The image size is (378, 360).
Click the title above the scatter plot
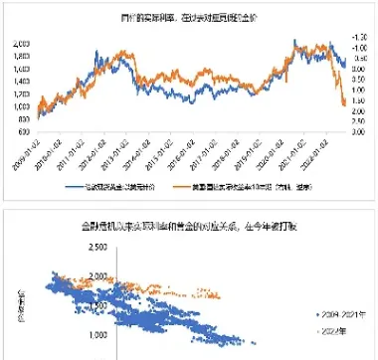pos(189,227)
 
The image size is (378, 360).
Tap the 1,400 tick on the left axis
pos(19,88)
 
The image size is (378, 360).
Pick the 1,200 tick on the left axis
pos(19,102)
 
